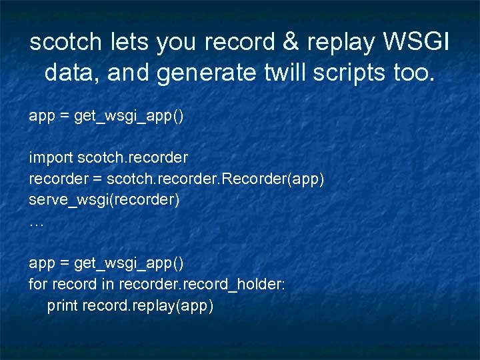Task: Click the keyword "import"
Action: click(x=51, y=158)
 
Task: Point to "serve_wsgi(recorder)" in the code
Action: click(x=104, y=199)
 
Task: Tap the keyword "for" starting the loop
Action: click(x=37, y=285)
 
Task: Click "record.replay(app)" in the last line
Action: click(x=147, y=306)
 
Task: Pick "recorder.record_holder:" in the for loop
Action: click(x=202, y=285)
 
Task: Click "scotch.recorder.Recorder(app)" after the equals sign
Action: click(x=215, y=179)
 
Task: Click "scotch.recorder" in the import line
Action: click(x=133, y=158)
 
